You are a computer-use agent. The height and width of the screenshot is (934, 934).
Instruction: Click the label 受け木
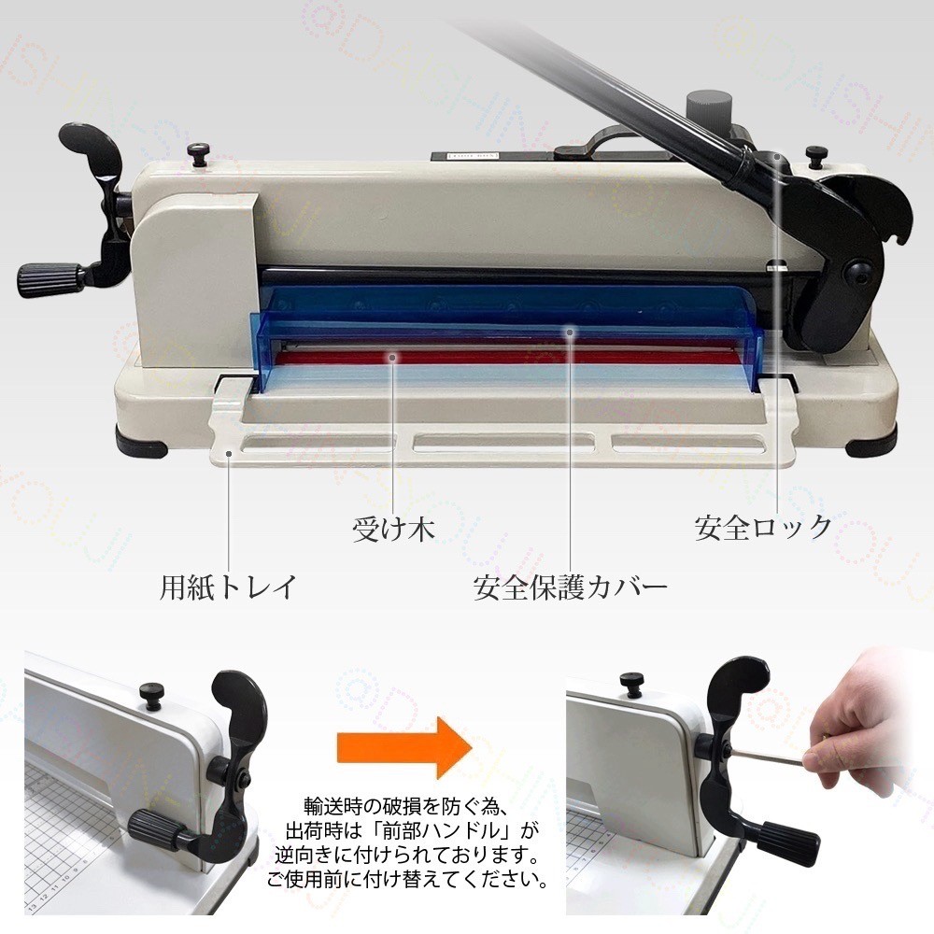click(393, 530)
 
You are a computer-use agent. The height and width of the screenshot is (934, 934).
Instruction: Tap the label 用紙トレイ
click(228, 587)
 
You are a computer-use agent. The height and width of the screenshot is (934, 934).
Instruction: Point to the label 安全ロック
click(762, 528)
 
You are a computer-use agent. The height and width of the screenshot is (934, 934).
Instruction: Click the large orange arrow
click(400, 744)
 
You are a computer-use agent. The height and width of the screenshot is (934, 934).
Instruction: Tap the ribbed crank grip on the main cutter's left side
click(50, 277)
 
